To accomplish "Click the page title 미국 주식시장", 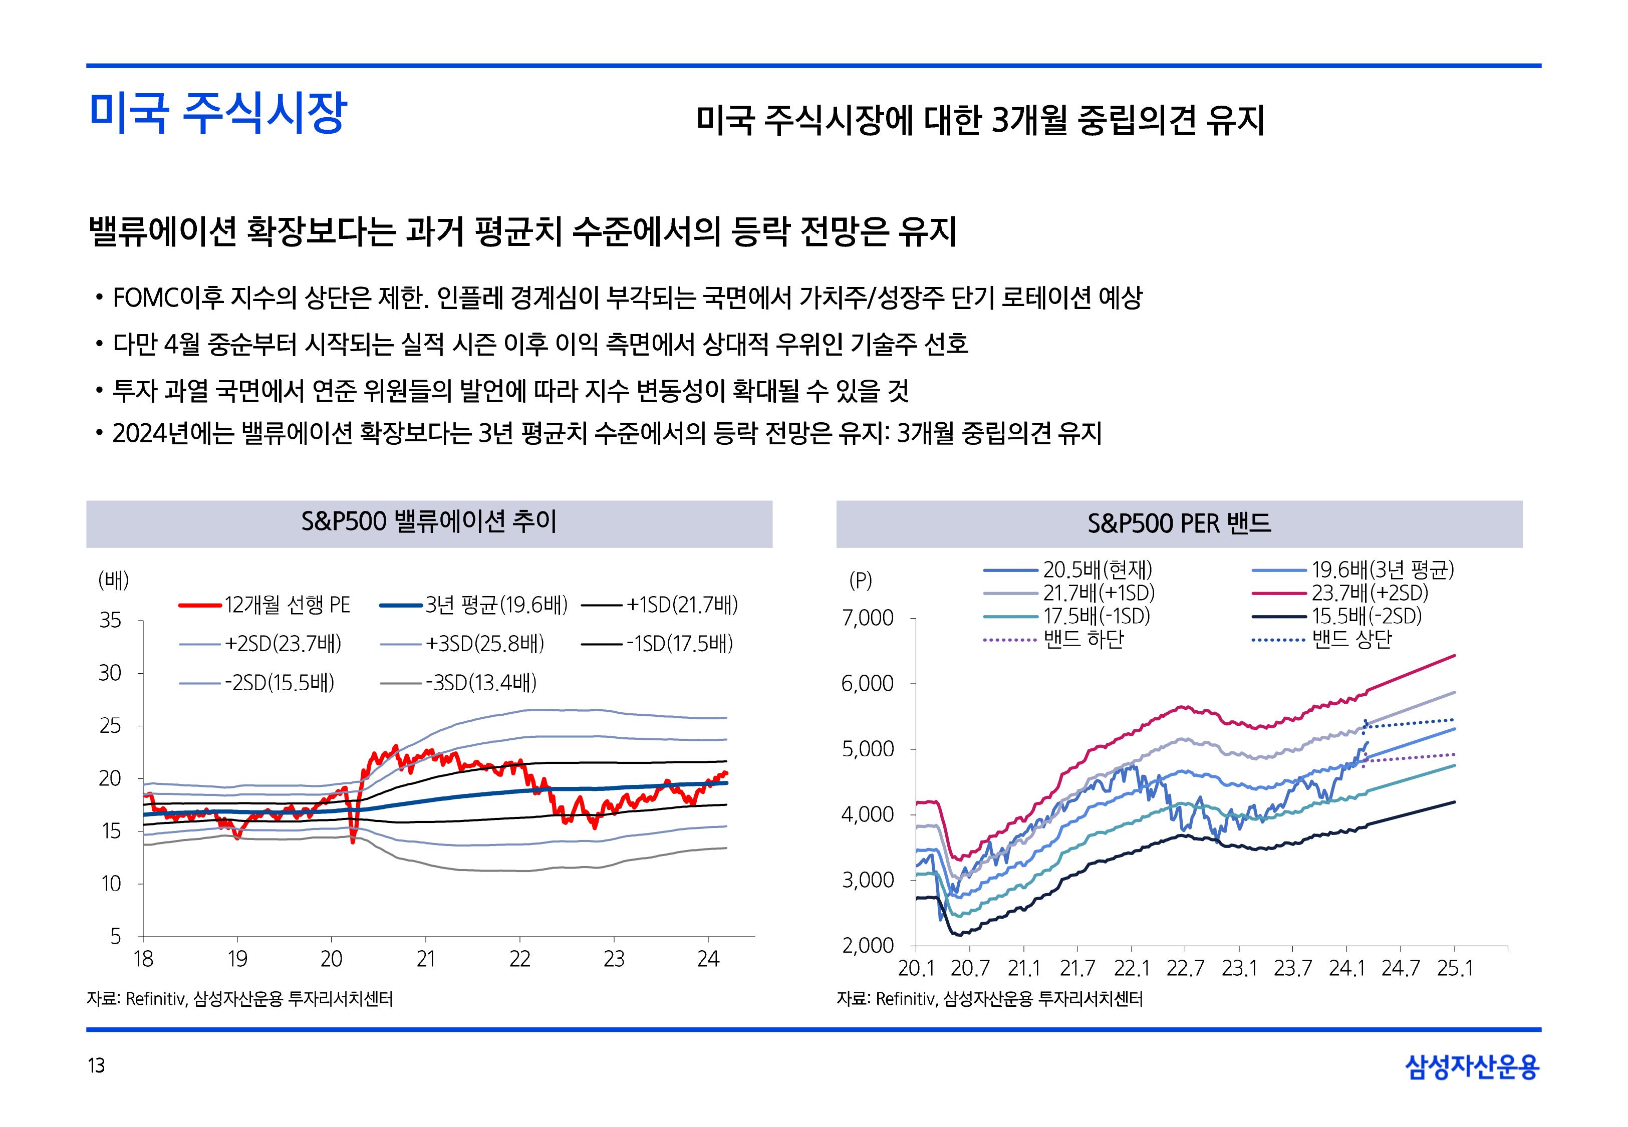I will (x=217, y=112).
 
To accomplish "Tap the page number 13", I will (x=96, y=1065).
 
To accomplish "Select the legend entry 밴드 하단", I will (x=1083, y=640).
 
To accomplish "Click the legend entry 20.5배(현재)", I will (x=1097, y=569).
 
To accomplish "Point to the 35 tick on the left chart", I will (x=110, y=621).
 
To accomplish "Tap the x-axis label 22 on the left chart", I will (x=519, y=959).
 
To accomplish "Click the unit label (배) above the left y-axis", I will (x=113, y=581).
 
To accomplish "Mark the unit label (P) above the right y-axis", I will (x=861, y=581).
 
